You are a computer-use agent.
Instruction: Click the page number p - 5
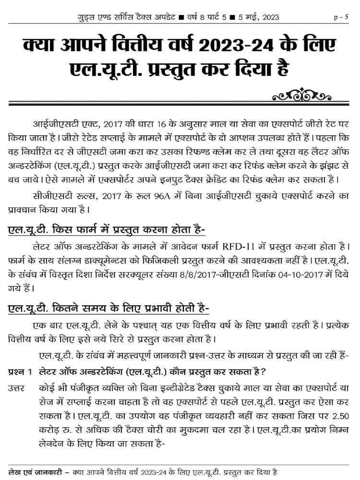point(341,18)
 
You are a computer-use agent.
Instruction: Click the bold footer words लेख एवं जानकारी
point(36,471)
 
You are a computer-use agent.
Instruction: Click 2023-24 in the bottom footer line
point(152,471)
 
